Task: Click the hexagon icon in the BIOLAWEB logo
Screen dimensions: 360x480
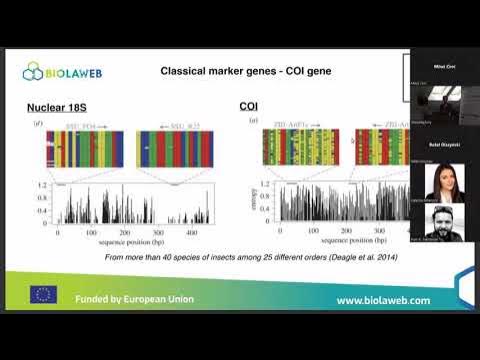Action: pos(38,71)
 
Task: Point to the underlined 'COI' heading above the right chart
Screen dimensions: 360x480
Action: pos(249,107)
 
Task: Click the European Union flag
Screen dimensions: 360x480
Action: pos(43,295)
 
